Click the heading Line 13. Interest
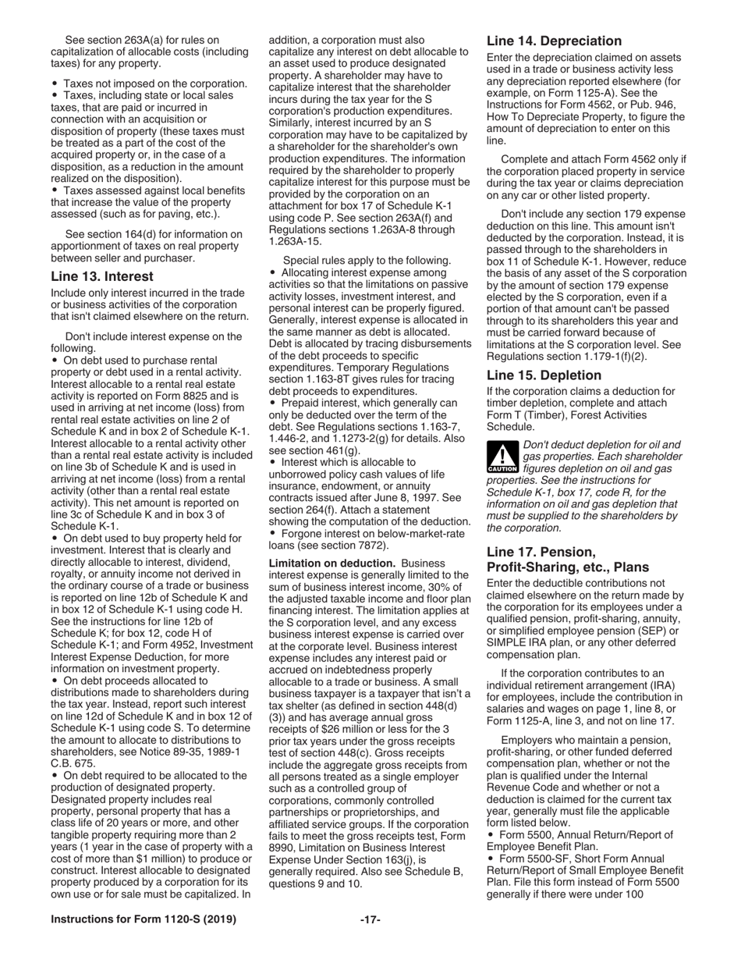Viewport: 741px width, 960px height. tap(101, 276)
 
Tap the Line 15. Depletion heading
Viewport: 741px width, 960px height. tap(544, 375)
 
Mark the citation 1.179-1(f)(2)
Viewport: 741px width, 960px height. tap(612, 356)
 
